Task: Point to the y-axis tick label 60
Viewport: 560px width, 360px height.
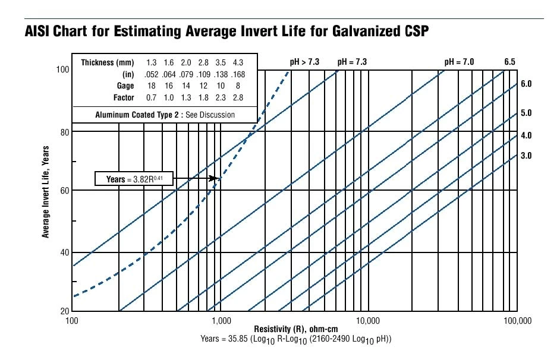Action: coord(62,190)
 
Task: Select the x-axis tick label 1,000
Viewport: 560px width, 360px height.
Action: coord(221,321)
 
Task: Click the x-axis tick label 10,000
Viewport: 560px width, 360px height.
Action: coord(367,321)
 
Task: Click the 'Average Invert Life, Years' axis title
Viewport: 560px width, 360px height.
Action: coord(45,190)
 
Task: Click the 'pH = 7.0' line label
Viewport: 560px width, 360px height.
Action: coord(460,62)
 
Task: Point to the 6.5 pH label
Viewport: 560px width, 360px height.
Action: coord(510,62)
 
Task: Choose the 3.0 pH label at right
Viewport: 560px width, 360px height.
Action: coord(526,156)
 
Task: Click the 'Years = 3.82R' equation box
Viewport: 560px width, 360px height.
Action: coord(134,179)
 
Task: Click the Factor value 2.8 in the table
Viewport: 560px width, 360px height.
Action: coord(238,97)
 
